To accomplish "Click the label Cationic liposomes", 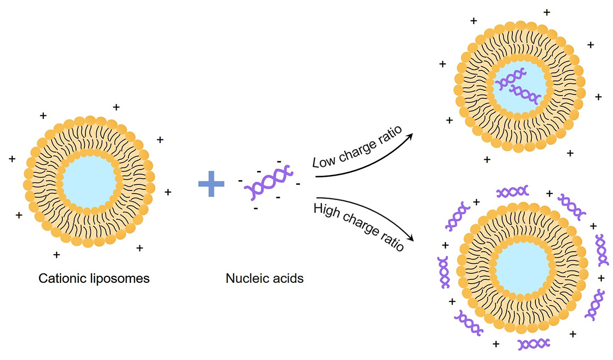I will [94, 279].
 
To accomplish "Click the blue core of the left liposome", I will [88, 181].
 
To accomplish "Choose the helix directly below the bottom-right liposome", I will [533, 343].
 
